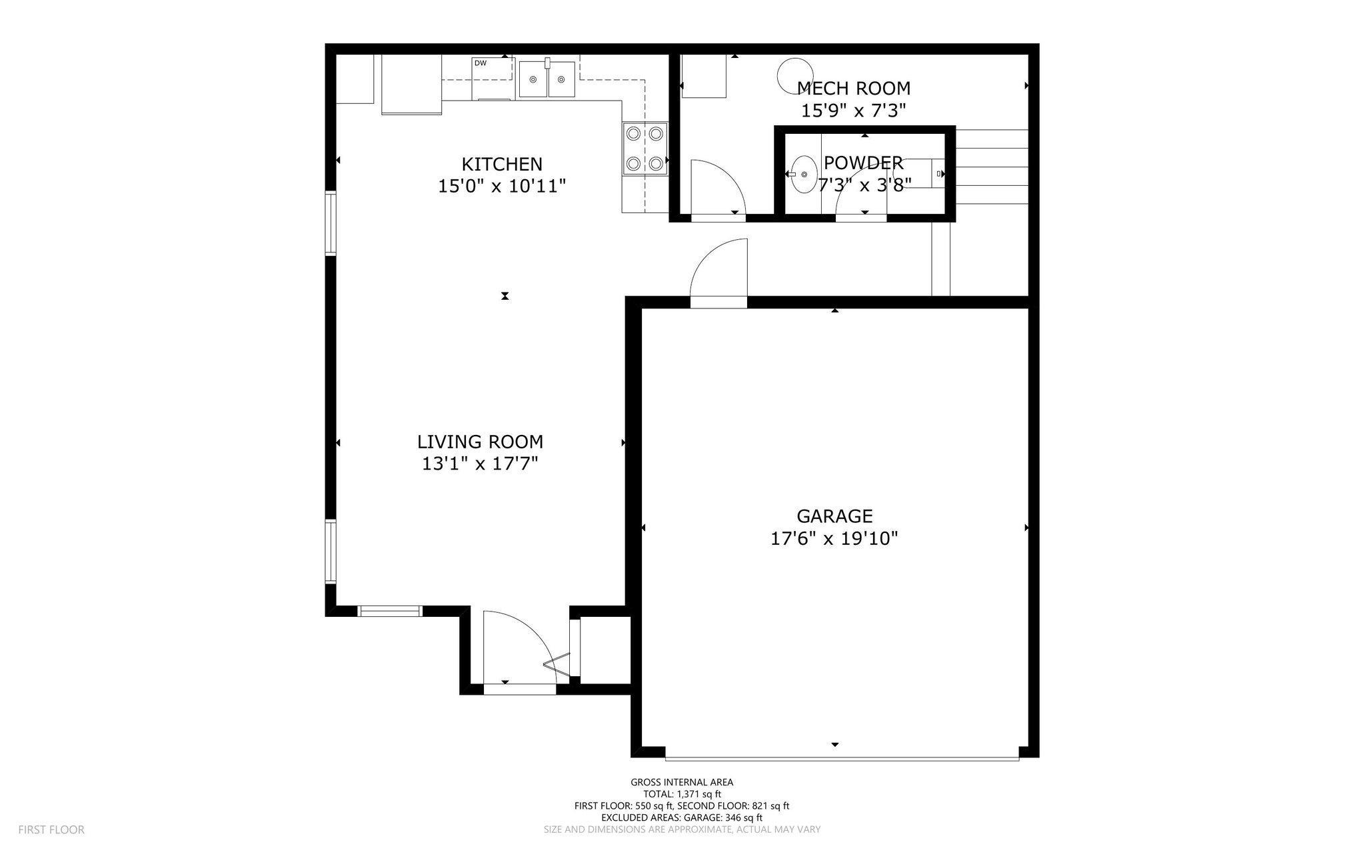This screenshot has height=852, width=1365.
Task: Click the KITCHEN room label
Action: coord(501,164)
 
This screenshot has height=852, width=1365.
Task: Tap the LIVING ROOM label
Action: coord(480,442)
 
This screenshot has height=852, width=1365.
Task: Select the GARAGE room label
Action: coord(834,516)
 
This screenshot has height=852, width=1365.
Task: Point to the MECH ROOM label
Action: coord(854,88)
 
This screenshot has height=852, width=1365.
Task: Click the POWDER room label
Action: coord(863,163)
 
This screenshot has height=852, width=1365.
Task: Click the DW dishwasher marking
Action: coord(480,63)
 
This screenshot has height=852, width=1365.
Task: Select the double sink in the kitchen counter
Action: coord(547,79)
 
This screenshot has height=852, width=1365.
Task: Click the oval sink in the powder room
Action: coord(804,174)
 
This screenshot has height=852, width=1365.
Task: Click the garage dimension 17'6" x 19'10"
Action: coord(834,538)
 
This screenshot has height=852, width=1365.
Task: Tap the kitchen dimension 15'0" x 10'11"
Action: coord(501,186)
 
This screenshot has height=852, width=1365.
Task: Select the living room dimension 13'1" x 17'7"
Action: coord(480,464)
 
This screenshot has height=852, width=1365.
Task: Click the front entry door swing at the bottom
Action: coord(517,649)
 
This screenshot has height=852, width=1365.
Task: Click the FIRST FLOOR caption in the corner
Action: coord(51,829)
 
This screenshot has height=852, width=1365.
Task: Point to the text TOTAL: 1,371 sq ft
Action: coord(682,794)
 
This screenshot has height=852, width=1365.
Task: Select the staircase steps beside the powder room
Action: coord(992,167)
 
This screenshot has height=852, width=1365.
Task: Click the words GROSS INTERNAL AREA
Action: coord(682,782)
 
